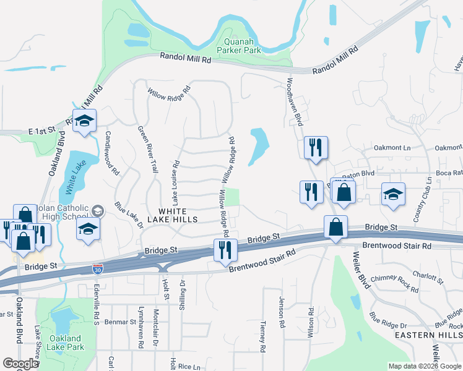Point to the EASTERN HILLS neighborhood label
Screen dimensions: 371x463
coord(428,335)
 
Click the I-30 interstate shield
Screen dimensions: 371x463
coord(97,269)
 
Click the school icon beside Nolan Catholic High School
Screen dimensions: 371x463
coord(89,229)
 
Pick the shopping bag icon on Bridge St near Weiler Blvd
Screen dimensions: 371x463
coord(335,228)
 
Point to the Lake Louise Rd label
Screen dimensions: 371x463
coord(176,183)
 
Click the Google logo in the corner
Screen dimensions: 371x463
coord(20,364)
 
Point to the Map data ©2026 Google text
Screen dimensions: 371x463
coord(424,366)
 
